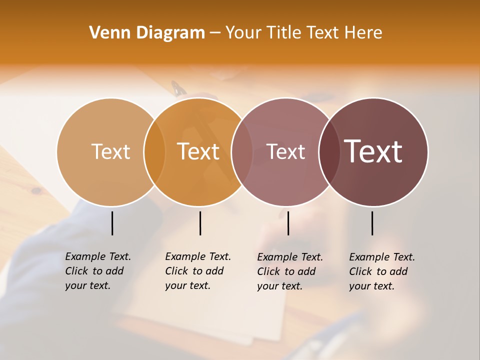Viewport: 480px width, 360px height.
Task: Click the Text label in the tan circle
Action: click(x=110, y=151)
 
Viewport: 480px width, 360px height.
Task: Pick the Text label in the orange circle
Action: click(x=198, y=151)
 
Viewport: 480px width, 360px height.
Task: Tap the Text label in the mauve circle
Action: click(x=285, y=151)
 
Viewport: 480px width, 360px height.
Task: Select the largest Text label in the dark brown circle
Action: click(x=373, y=151)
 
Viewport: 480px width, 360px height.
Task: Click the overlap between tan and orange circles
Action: click(x=154, y=152)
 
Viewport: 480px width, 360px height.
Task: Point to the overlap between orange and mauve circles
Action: click(x=242, y=152)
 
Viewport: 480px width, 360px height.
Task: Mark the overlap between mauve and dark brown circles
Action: click(x=329, y=152)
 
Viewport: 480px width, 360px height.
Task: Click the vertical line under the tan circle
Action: click(x=112, y=223)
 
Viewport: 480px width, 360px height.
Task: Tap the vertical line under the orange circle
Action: click(x=200, y=223)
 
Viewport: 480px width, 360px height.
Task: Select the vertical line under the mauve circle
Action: click(x=288, y=223)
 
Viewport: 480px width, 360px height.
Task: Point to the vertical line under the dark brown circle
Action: click(x=372, y=223)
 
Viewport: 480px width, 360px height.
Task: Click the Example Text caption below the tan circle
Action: click(x=98, y=271)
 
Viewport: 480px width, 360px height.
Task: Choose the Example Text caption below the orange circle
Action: click(x=198, y=271)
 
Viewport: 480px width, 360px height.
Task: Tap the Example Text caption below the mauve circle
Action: click(x=290, y=271)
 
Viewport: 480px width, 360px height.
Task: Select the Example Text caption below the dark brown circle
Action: click(x=382, y=271)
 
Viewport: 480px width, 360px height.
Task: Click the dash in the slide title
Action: click(x=215, y=33)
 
